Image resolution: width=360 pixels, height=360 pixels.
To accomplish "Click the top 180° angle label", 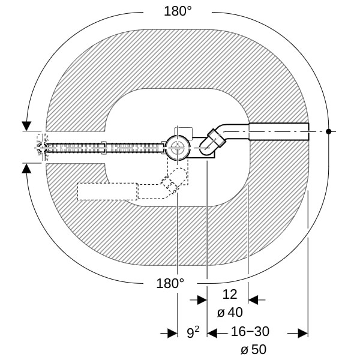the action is tap(178, 11).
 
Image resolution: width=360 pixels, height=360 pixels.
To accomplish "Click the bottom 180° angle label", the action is tap(170, 283).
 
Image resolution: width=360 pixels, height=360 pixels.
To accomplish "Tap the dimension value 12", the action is tap(230, 295).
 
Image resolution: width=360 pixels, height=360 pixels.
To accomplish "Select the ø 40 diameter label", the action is tap(230, 313).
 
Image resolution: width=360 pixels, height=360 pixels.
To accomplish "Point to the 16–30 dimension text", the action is tap(250, 332).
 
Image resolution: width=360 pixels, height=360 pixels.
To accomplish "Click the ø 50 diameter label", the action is tap(253, 350).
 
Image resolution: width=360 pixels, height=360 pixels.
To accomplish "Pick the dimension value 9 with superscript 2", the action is tap(193, 332).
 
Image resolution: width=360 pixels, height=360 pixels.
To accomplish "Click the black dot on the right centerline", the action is tap(329, 131).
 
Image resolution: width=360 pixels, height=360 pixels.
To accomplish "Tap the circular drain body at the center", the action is tap(178, 148).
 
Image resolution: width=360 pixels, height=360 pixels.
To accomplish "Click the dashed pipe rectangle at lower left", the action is tap(107, 192).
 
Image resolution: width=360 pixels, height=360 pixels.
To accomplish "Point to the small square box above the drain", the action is tap(184, 133).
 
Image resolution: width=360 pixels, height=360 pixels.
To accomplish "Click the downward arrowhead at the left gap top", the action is tap(26, 126).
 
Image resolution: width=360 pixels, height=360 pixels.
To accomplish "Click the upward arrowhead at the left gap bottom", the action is tap(26, 169).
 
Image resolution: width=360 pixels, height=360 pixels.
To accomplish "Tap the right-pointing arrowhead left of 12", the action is tap(202, 300).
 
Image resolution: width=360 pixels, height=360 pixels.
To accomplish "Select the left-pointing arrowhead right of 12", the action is tap(253, 300).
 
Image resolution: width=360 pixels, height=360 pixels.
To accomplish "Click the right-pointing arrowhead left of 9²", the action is tap(172, 333).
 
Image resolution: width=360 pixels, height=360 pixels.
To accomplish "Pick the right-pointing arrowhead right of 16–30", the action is tap(303, 333).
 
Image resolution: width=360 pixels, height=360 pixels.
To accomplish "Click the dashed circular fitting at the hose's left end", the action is tap(42, 148).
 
